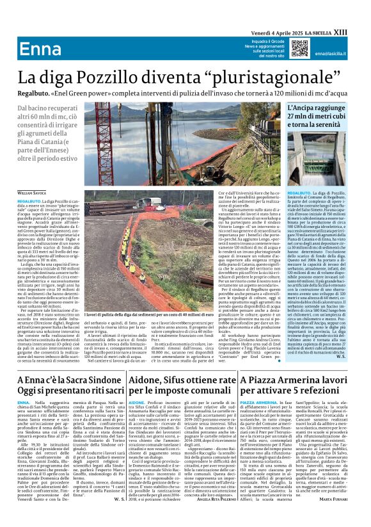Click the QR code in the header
pos(299,49)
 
